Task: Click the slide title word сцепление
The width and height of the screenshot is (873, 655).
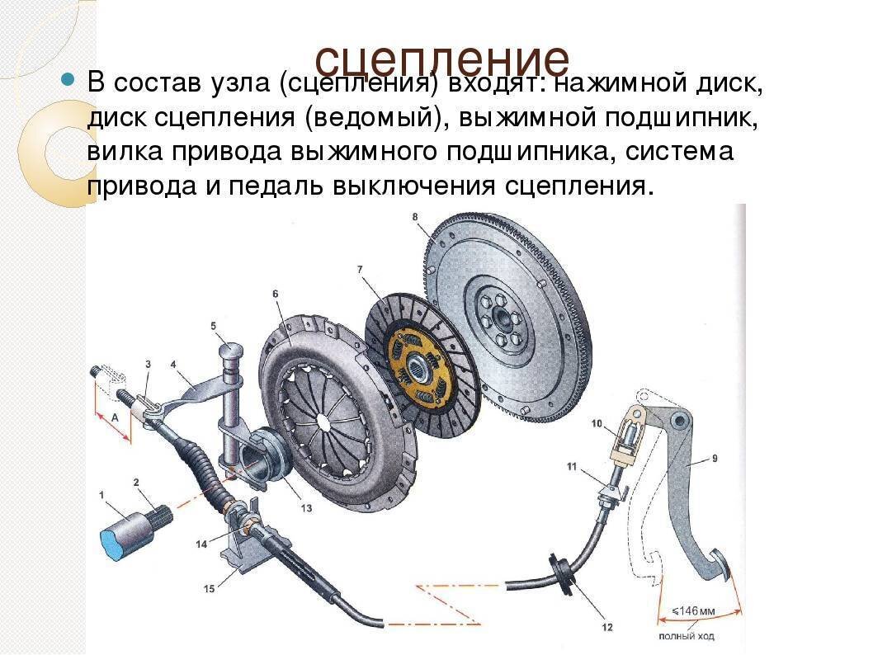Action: [x=442, y=59]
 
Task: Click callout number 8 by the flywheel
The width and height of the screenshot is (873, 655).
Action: [x=415, y=216]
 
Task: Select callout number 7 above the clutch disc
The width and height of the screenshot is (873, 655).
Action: [x=361, y=270]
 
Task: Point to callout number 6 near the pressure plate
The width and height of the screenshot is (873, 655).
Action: [x=275, y=294]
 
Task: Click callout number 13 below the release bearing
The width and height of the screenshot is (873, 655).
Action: [x=307, y=508]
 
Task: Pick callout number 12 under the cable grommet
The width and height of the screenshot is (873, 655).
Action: [x=606, y=627]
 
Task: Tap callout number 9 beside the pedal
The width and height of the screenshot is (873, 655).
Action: [x=715, y=459]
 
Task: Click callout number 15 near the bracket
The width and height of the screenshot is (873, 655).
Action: [x=209, y=588]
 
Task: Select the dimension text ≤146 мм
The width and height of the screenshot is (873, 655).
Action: [x=693, y=611]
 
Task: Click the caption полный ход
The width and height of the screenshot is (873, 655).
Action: [x=686, y=636]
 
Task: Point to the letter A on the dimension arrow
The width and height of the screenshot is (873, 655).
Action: [x=116, y=417]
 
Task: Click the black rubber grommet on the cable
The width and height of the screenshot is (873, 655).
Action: [x=562, y=574]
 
